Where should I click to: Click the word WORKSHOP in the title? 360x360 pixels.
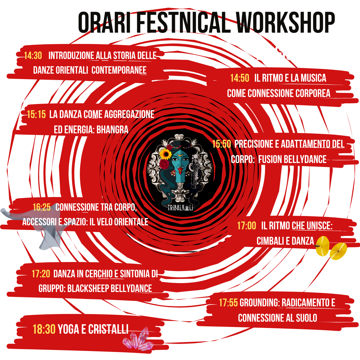point(285,22)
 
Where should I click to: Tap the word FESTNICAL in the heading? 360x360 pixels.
point(183,22)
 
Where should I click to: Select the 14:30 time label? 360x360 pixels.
point(33,56)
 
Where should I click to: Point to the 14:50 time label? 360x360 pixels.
point(240,78)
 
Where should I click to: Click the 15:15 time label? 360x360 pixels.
point(36,114)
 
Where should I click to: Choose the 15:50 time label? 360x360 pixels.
point(221,144)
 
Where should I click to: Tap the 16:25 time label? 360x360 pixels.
point(42,207)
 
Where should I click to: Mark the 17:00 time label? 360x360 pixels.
point(247,226)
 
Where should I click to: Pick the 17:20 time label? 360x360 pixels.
point(41,274)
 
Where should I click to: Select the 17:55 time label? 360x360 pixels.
point(228,303)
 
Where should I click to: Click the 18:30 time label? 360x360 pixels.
point(44,329)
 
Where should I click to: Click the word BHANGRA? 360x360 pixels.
point(112,130)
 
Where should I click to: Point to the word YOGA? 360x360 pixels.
point(69,329)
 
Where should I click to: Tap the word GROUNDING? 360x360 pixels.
point(260,303)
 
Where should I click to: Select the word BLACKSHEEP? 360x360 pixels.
point(88,289)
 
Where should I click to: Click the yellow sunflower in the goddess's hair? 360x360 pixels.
point(166,154)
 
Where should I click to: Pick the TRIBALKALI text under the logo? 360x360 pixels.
point(180,208)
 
